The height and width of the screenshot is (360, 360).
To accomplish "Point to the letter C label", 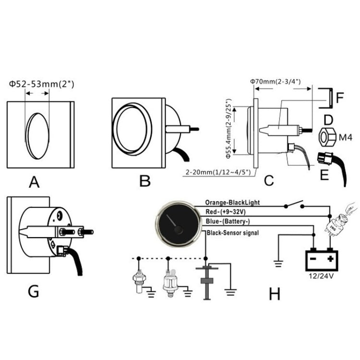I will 269,180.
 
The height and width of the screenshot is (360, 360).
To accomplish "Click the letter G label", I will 33,291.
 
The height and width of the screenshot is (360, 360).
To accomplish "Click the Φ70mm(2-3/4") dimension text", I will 275,82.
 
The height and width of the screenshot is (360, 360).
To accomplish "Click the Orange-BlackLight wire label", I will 232,203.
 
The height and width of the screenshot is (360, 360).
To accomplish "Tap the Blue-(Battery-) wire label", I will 227,221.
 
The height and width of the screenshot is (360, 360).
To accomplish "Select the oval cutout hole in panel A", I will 37,136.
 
